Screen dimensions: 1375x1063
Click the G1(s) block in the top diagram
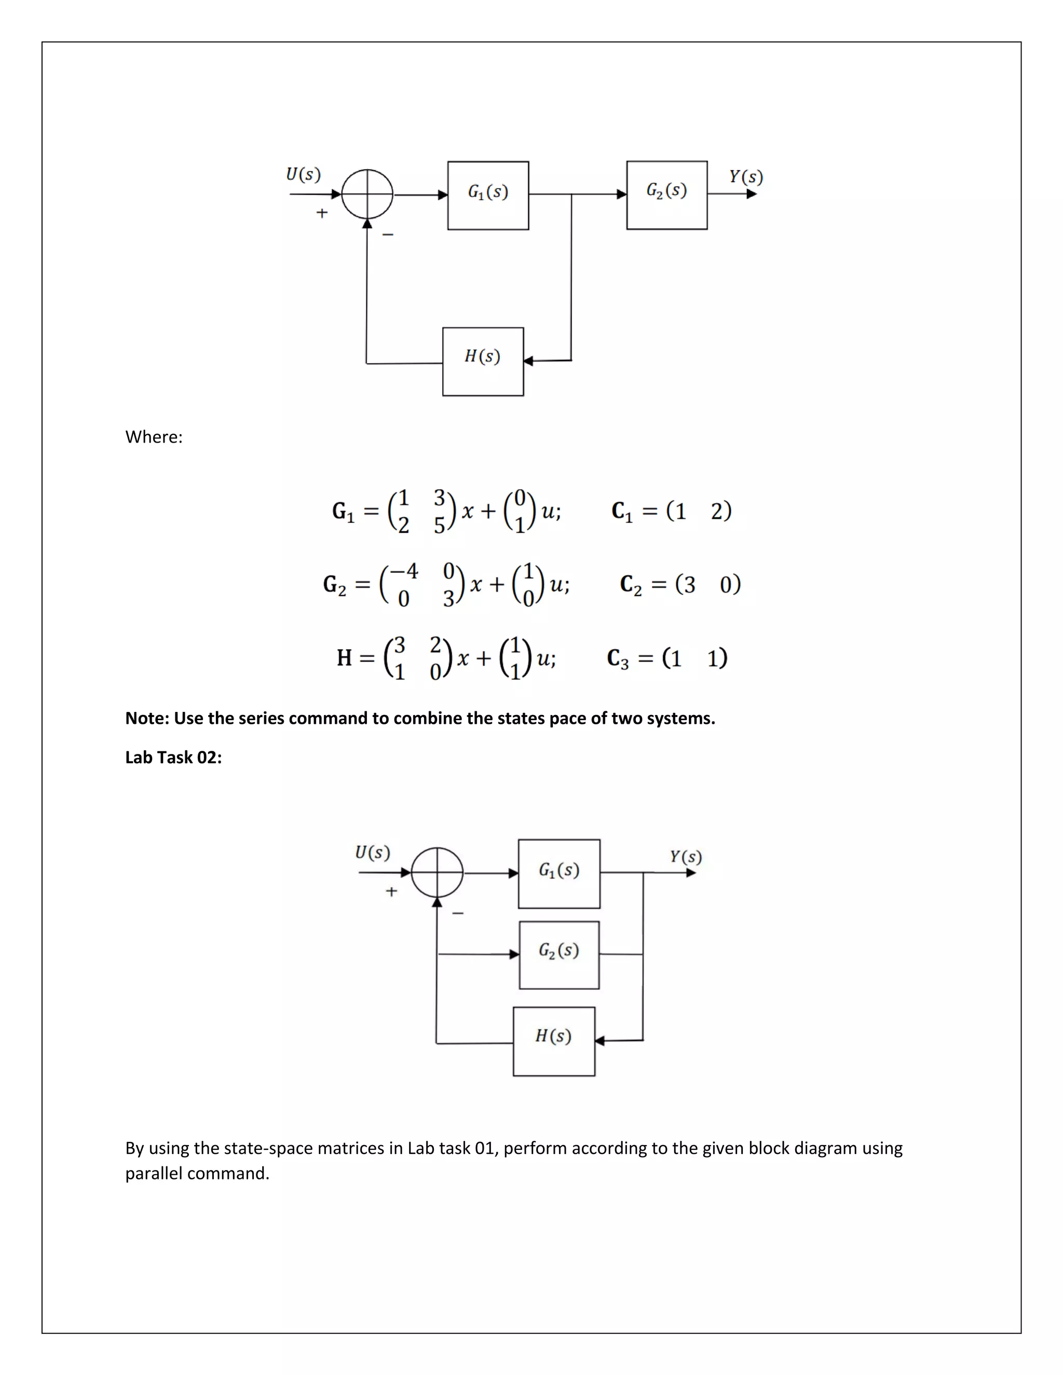488,195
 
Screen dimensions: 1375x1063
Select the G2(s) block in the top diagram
667,195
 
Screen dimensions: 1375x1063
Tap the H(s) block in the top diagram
483,361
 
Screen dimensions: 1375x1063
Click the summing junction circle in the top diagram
367,195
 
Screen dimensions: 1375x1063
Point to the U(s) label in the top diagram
303,174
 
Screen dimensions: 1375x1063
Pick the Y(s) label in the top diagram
746,176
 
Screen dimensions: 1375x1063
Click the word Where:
154,437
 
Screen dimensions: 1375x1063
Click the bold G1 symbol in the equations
343,511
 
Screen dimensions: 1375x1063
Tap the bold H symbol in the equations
344,658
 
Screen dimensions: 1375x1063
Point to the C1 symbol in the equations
621,511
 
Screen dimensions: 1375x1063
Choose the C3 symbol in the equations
617,658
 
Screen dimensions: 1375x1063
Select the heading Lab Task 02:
173,758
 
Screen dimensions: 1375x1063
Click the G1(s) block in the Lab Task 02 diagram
559,873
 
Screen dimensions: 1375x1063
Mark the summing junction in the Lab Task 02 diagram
437,873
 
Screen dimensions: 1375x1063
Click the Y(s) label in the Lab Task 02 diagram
685,856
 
